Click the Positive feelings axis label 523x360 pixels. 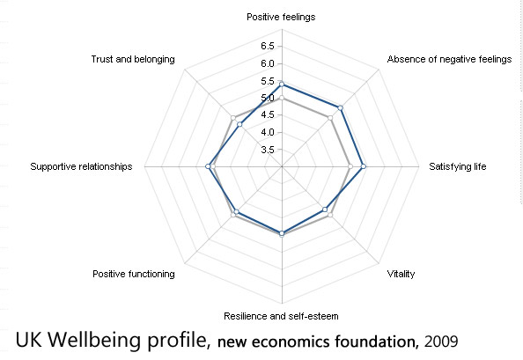281,17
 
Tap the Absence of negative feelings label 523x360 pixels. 449,60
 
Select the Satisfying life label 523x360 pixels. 457,166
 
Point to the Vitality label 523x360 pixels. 401,274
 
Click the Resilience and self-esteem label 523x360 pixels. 281,316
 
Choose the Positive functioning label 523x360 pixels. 133,274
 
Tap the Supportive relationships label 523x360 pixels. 80,166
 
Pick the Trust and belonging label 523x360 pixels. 133,60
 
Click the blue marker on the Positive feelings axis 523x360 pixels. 281,84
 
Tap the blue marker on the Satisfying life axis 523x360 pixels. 364,166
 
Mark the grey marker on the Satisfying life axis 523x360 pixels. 350,166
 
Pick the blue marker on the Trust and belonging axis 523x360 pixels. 239,125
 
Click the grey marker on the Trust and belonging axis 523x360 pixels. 232,118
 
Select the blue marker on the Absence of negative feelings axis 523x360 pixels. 339,108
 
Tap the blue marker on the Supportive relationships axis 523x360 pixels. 208,166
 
